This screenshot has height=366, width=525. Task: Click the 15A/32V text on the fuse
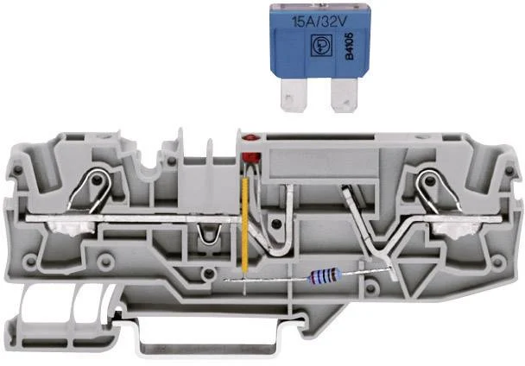[x=319, y=22]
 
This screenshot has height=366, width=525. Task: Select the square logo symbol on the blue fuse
[x=321, y=45]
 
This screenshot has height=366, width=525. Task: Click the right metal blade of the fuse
[x=345, y=95]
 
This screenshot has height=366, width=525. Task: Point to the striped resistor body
[x=325, y=275]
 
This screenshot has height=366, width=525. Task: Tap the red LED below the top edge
[x=251, y=157]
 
